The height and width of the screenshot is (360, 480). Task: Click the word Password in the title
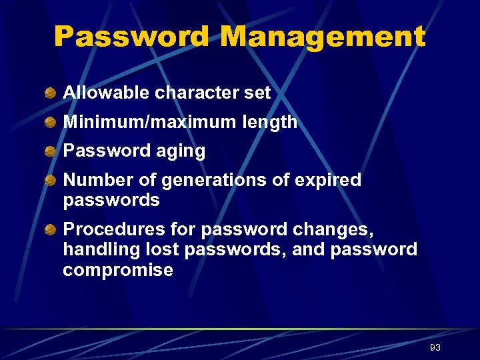coord(131,37)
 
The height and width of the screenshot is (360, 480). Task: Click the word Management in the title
coord(322,37)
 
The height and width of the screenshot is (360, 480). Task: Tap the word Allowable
coord(106,93)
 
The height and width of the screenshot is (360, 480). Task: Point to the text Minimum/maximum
coord(150,122)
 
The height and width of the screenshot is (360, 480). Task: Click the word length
coord(270,122)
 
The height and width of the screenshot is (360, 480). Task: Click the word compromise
coord(117,271)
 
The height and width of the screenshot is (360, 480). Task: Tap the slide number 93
coord(435,347)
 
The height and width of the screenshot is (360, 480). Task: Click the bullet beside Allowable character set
coord(50,93)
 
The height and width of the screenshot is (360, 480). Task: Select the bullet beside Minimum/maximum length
coord(50,123)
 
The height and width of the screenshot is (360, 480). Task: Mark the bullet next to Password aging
coord(50,151)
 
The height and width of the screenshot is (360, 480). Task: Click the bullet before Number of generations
coord(50,181)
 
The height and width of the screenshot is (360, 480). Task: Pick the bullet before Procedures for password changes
coord(50,230)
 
